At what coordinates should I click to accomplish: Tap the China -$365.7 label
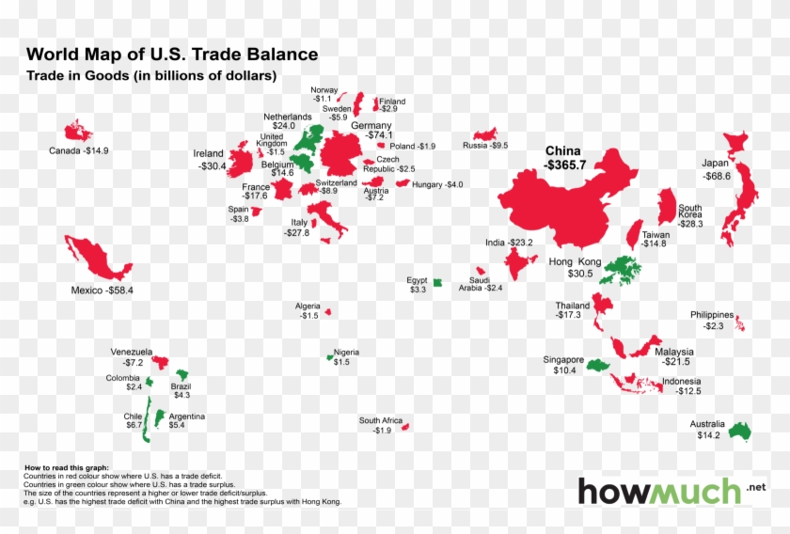pyautogui.click(x=563, y=158)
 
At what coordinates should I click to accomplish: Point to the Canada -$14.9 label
pyautogui.click(x=79, y=150)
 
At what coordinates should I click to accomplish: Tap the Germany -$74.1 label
pyautogui.click(x=371, y=131)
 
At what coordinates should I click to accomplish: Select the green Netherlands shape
pyautogui.click(x=306, y=139)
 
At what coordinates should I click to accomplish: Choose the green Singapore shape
pyautogui.click(x=598, y=363)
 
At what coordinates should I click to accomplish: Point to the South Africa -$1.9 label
pyautogui.click(x=381, y=425)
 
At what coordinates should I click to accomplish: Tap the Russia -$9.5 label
pyautogui.click(x=485, y=146)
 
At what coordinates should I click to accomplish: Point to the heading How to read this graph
pyautogui.click(x=66, y=467)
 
